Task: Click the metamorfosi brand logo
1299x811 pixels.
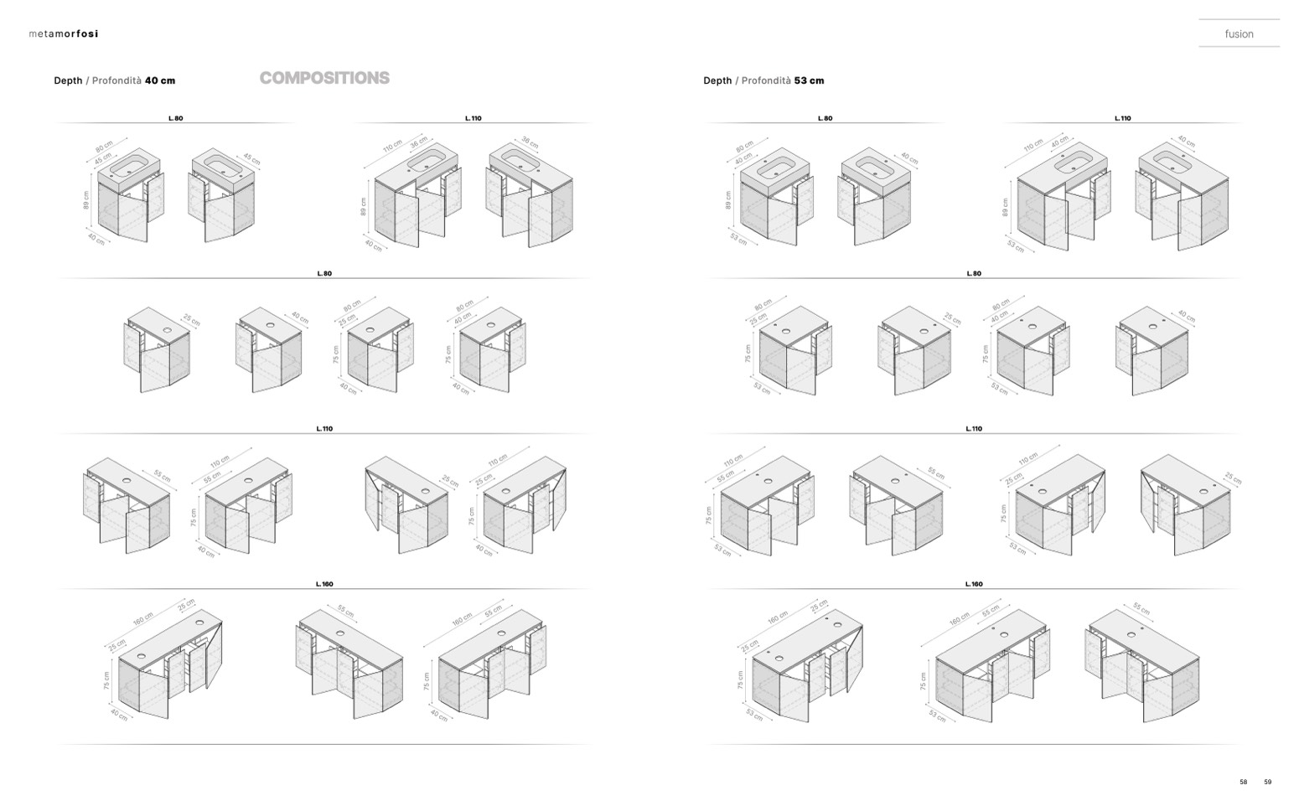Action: click(63, 34)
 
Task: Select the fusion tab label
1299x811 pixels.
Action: click(1239, 34)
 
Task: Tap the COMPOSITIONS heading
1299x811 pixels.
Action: click(324, 78)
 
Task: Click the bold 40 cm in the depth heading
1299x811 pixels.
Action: click(160, 80)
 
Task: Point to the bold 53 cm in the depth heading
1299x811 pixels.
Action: click(809, 80)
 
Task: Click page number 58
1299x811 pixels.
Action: click(1243, 782)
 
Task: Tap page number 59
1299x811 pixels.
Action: click(1267, 782)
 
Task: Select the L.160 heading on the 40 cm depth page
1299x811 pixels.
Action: click(324, 584)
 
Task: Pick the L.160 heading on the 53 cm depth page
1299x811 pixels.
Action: click(973, 584)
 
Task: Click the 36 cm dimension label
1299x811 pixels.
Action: click(419, 142)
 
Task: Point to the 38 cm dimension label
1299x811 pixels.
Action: click(530, 142)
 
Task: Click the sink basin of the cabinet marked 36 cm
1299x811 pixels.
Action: click(427, 163)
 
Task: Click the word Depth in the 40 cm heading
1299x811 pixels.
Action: click(68, 80)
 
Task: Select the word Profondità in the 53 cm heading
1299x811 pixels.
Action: click(765, 80)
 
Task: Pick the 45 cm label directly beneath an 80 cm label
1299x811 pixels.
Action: click(103, 158)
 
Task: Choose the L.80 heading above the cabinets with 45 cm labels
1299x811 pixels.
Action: click(175, 118)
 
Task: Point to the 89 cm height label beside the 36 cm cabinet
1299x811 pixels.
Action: click(364, 206)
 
